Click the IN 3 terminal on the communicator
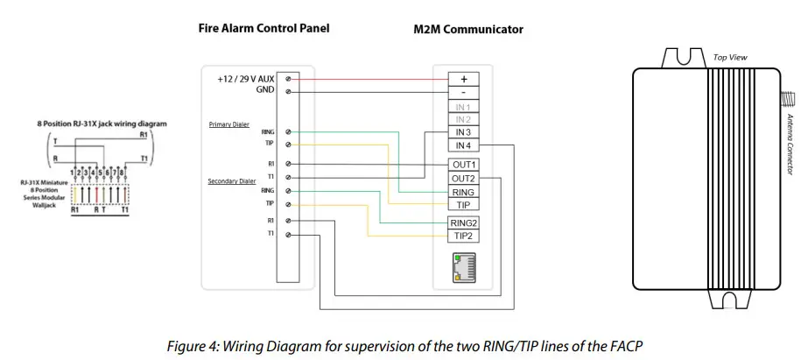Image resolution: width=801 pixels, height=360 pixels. pyautogui.click(x=463, y=132)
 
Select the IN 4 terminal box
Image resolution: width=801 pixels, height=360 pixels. pyautogui.click(x=463, y=145)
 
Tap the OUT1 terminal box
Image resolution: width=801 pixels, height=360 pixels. pyautogui.click(x=463, y=165)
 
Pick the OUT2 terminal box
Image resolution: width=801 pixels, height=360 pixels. pyautogui.click(x=463, y=178)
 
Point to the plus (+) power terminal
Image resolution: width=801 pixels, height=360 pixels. pyautogui.click(x=463, y=78)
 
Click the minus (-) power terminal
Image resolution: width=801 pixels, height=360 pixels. pyautogui.click(x=463, y=91)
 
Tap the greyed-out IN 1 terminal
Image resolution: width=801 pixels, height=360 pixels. pyautogui.click(x=463, y=106)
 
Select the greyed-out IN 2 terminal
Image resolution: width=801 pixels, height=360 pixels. pyautogui.click(x=463, y=119)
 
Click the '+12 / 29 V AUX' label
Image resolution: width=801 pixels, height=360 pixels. pyautogui.click(x=245, y=79)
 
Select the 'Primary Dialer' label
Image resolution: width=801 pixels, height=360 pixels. pyautogui.click(x=229, y=124)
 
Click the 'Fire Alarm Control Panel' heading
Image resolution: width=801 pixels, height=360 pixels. pyautogui.click(x=264, y=28)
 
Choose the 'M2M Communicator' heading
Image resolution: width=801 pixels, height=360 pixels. pyautogui.click(x=467, y=29)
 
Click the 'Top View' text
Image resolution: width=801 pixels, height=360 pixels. pyautogui.click(x=730, y=57)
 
